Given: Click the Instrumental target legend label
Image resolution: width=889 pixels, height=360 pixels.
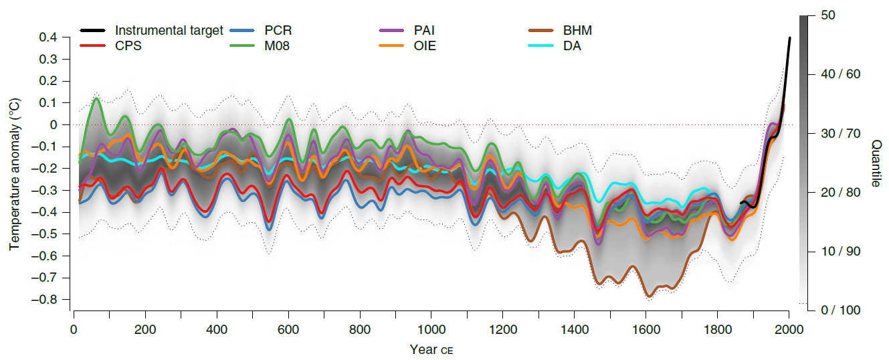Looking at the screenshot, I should (x=169, y=30).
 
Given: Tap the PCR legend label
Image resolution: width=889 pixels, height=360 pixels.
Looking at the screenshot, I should (x=278, y=30).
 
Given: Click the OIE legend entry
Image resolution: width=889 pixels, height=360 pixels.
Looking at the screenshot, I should (x=424, y=46).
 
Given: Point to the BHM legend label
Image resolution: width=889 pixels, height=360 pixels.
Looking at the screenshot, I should (x=577, y=30).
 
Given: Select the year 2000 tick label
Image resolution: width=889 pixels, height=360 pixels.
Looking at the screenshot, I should (x=789, y=330).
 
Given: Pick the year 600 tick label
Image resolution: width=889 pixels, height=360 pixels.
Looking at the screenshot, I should (x=288, y=330).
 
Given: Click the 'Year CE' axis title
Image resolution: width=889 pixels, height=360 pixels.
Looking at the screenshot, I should (x=431, y=349).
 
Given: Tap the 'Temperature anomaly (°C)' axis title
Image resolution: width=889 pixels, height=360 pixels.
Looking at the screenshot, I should (x=15, y=174).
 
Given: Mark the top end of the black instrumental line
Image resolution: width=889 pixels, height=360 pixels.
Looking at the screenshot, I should (x=789, y=38).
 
